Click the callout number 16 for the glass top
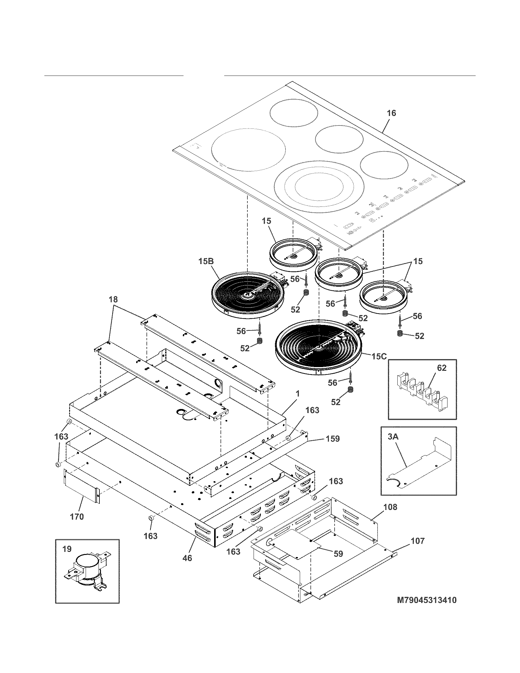click(x=391, y=113)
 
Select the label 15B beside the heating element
click(x=206, y=261)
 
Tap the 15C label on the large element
click(x=379, y=356)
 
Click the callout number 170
click(x=77, y=516)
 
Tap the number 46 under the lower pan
click(x=187, y=558)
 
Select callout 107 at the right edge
click(x=418, y=541)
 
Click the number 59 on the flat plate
click(x=338, y=553)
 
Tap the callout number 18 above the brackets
click(x=113, y=299)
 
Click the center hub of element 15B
click(x=247, y=295)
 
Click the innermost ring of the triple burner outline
click(x=319, y=187)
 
